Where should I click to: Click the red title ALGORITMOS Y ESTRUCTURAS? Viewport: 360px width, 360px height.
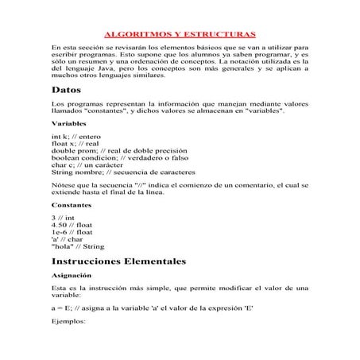tap(180, 35)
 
